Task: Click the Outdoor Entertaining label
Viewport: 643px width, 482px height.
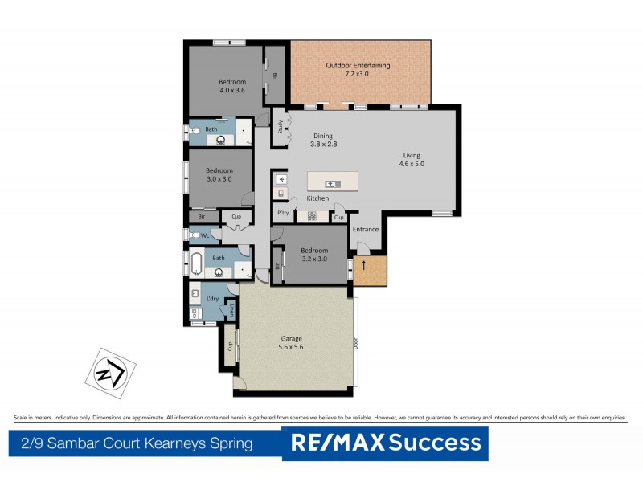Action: [x=358, y=66]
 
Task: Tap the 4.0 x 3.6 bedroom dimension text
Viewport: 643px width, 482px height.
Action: [x=231, y=91]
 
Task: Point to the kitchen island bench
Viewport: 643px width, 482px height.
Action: [x=330, y=182]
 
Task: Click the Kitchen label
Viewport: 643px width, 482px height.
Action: [x=317, y=198]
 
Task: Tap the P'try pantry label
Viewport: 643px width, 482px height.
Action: [x=282, y=214]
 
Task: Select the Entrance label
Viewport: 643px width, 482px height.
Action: [x=365, y=230]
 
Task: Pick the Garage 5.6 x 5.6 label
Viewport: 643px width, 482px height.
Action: [x=291, y=343]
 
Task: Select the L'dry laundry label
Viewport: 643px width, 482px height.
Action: [x=212, y=299]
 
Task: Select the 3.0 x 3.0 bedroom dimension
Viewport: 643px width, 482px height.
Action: [x=219, y=179]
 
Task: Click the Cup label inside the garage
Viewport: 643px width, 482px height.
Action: [x=230, y=346]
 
